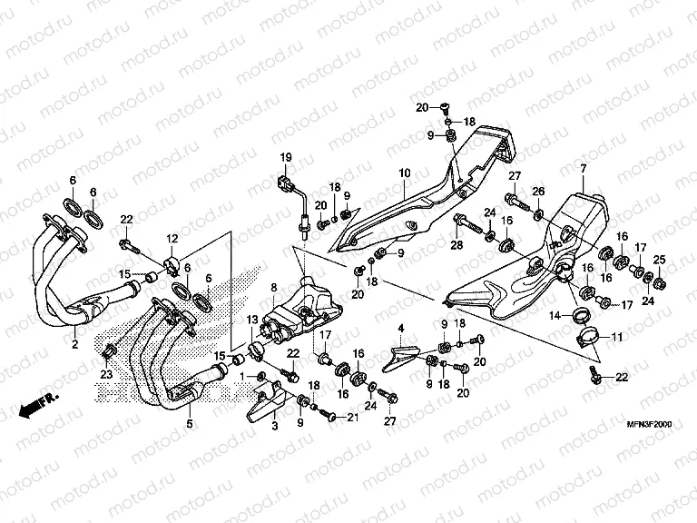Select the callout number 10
pyautogui.click(x=404, y=172)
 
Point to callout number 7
pyautogui.click(x=583, y=169)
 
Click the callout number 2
pyautogui.click(x=74, y=345)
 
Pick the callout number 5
pyautogui.click(x=189, y=423)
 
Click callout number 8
pyautogui.click(x=274, y=289)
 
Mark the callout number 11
pyautogui.click(x=617, y=338)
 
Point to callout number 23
pyautogui.click(x=106, y=372)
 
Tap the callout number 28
pyautogui.click(x=455, y=244)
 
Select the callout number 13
pyautogui.click(x=253, y=321)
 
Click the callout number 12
pyautogui.click(x=172, y=238)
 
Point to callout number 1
pyautogui.click(x=241, y=375)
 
